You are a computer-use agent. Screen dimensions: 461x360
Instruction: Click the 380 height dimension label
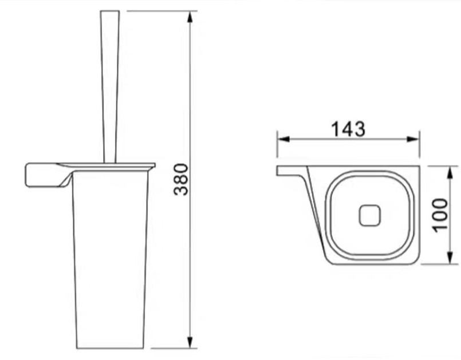pos(181,179)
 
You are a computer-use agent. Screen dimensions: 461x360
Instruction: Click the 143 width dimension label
pos(348,129)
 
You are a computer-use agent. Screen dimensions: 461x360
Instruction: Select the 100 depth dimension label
pos(441,215)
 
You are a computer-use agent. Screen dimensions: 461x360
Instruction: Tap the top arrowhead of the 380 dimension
pos(190,17)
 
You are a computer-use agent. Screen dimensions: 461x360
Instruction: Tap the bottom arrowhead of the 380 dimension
pos(190,342)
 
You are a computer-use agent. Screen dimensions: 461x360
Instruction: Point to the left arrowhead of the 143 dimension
pos(283,139)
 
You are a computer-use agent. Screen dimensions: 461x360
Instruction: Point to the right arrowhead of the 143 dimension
pos(413,139)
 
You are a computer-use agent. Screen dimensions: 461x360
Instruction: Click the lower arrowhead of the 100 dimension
pos(450,258)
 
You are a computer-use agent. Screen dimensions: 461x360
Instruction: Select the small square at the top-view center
pos(369,215)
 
